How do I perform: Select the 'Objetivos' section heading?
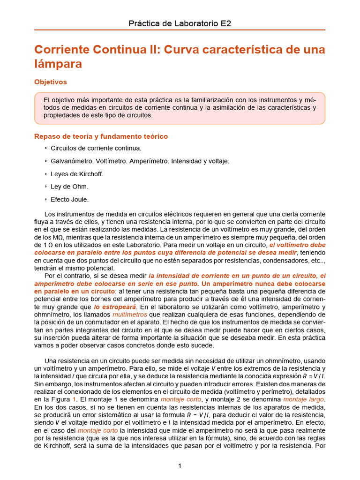51,82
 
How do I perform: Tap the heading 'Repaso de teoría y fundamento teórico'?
101,136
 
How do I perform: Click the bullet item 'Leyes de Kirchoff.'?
77,174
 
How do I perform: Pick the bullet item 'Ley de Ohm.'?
69,187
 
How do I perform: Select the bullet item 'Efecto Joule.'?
70,199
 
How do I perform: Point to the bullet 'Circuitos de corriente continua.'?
96,148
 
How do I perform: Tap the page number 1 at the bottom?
180,465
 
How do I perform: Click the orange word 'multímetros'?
130,314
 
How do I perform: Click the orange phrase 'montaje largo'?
304,399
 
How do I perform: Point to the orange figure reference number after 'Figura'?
75,399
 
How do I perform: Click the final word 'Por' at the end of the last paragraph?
320,445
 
